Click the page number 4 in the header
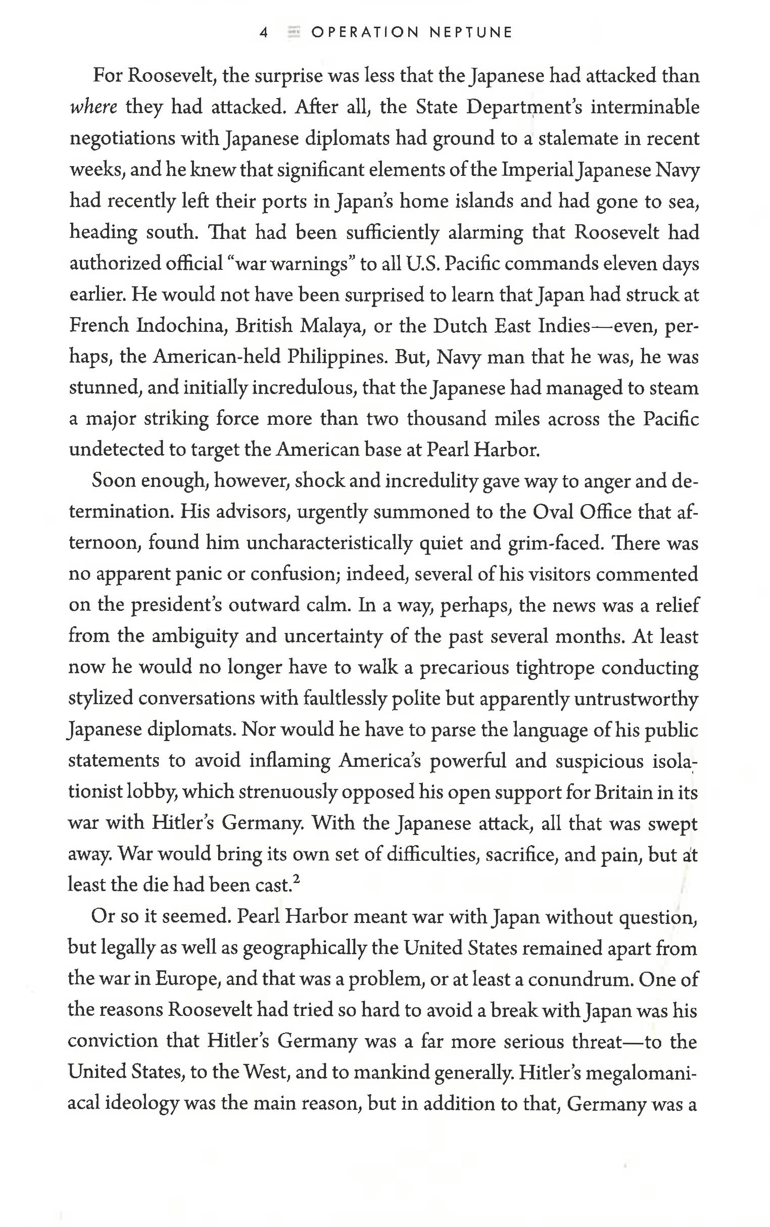(x=263, y=33)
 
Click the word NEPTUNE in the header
(x=470, y=33)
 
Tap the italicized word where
(x=93, y=108)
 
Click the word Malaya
(x=332, y=326)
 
